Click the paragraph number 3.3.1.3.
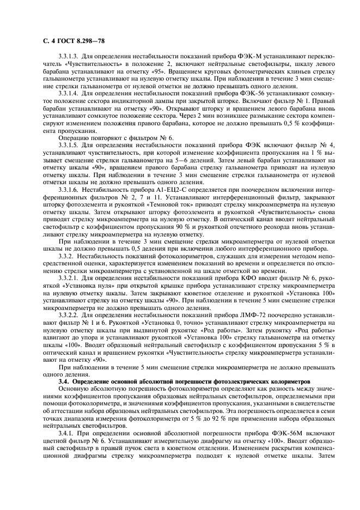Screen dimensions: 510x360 70,57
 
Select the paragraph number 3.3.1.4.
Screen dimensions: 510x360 70,94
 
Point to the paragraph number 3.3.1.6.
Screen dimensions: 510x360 70,189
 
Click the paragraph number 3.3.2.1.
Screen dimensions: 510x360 70,277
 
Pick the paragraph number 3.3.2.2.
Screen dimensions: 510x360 70,314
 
